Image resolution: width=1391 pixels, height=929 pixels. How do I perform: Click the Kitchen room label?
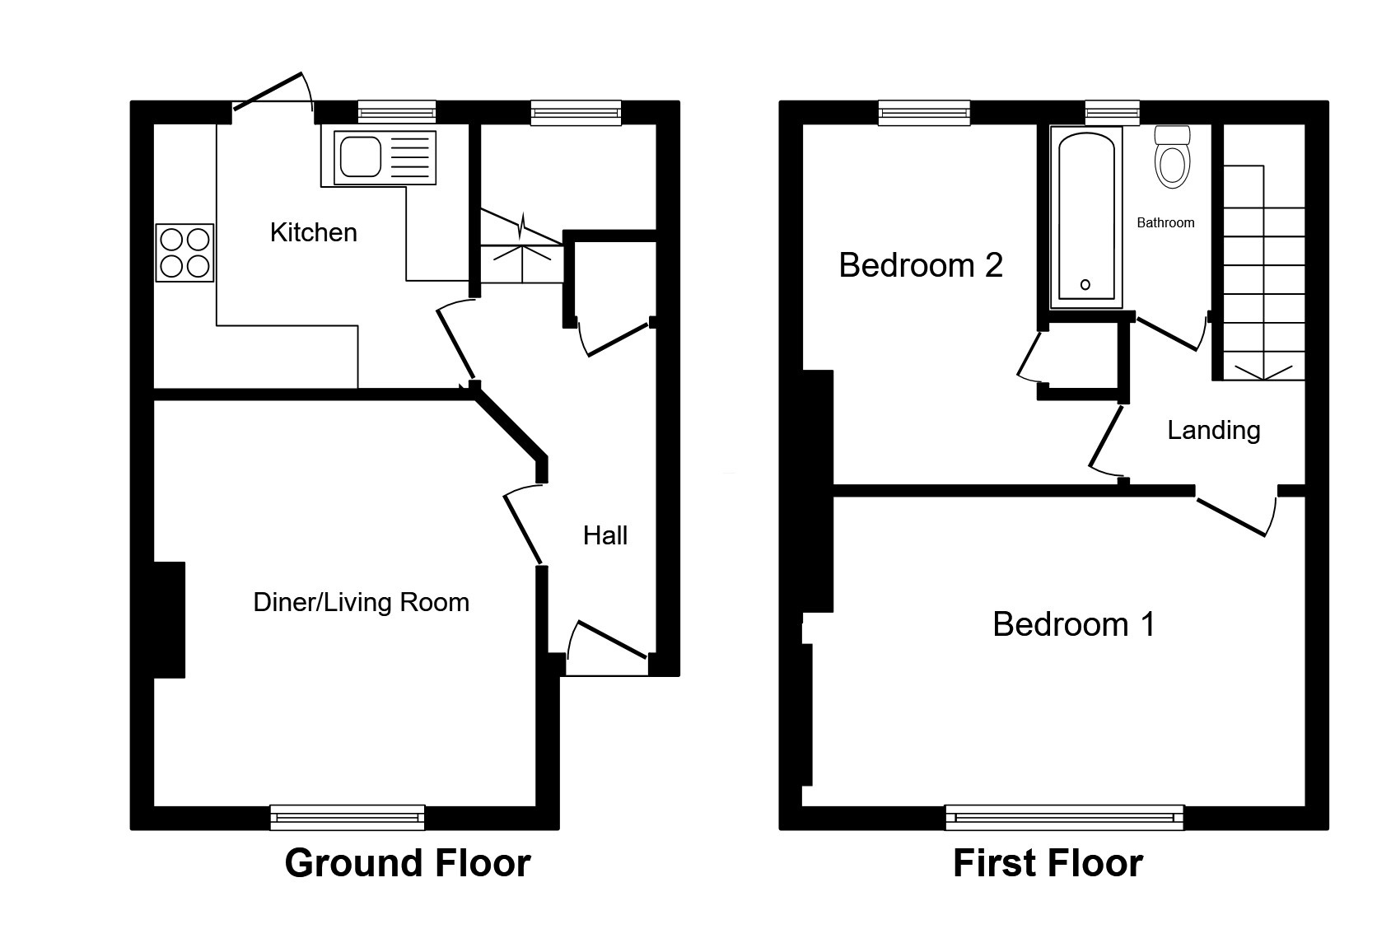(313, 232)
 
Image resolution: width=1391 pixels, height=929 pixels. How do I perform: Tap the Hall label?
(605, 535)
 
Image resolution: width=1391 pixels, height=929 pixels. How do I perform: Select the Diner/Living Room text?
(361, 602)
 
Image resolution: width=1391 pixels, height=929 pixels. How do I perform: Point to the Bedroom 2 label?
(921, 265)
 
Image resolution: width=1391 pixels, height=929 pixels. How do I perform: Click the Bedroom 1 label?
(1074, 624)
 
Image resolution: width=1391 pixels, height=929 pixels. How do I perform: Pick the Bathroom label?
(1165, 222)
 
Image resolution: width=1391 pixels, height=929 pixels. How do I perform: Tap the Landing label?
(1214, 430)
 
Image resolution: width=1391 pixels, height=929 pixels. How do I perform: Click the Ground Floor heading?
(408, 863)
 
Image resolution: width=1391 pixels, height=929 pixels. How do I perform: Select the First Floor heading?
(1048, 863)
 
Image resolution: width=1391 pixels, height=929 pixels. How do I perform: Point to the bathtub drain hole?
(1085, 285)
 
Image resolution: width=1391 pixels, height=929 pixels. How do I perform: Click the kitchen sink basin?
(360, 156)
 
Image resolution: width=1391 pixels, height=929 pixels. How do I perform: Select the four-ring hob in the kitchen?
(184, 253)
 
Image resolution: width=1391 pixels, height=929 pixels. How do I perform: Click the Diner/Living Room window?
(348, 817)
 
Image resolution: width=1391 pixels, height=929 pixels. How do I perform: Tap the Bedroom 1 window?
(1064, 817)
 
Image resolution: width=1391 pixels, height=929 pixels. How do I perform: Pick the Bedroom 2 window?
(923, 113)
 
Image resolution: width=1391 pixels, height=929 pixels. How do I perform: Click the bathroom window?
(1112, 113)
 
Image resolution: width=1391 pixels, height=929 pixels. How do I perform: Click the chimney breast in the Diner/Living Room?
(170, 619)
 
